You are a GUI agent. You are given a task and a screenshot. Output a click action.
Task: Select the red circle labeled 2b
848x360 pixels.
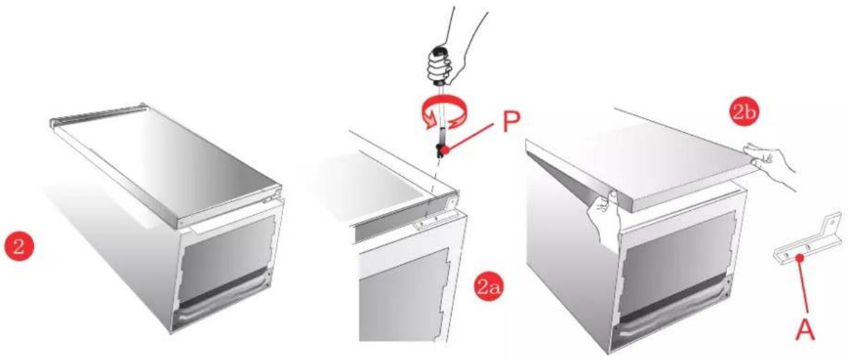tap(744, 112)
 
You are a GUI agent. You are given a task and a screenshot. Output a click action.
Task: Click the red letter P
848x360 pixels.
tap(512, 121)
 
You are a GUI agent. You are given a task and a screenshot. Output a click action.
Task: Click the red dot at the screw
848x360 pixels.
tap(446, 150)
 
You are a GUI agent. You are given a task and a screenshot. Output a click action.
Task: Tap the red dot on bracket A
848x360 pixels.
tap(799, 258)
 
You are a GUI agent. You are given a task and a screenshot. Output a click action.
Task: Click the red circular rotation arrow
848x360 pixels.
tap(443, 114)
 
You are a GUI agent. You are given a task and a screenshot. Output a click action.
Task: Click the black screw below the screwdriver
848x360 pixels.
tap(441, 150)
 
